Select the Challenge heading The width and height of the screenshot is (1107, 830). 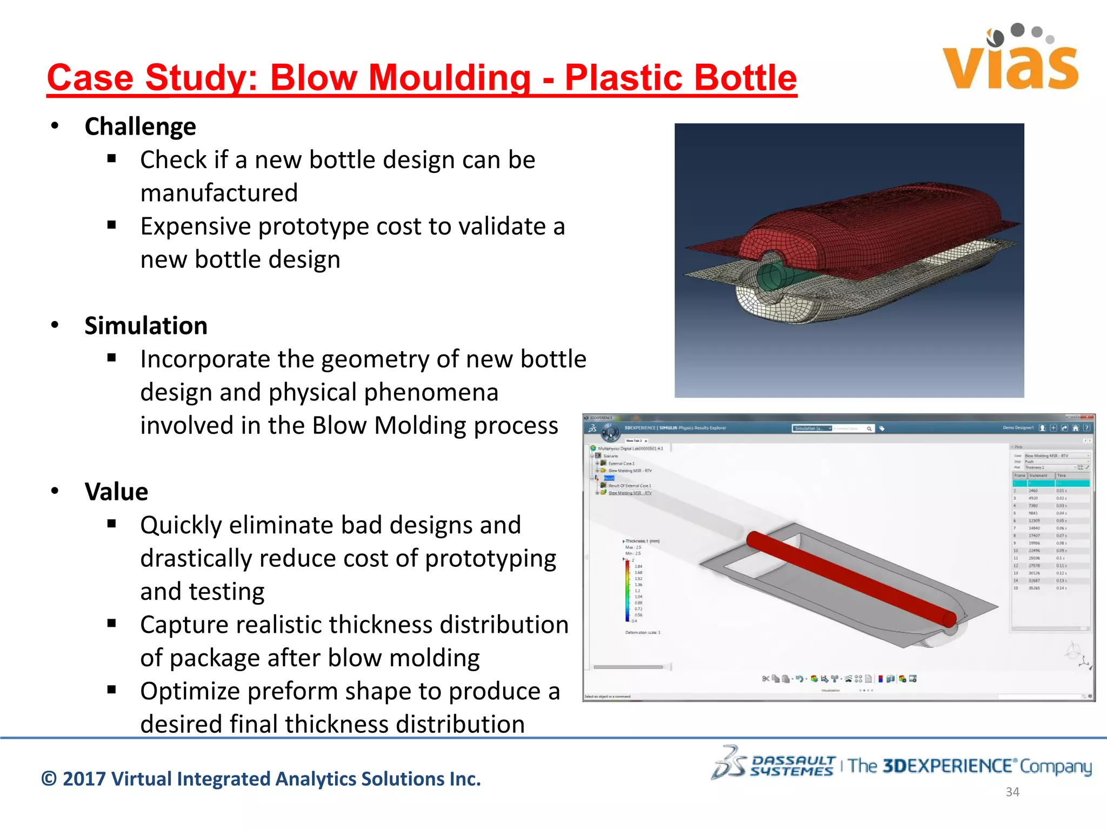140,126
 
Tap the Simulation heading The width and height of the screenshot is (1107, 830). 146,326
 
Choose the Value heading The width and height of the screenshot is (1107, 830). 116,492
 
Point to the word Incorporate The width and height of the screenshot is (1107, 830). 227,359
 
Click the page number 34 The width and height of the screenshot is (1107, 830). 1012,792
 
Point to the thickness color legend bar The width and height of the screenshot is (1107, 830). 627,591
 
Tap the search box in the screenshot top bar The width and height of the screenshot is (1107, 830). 851,429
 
